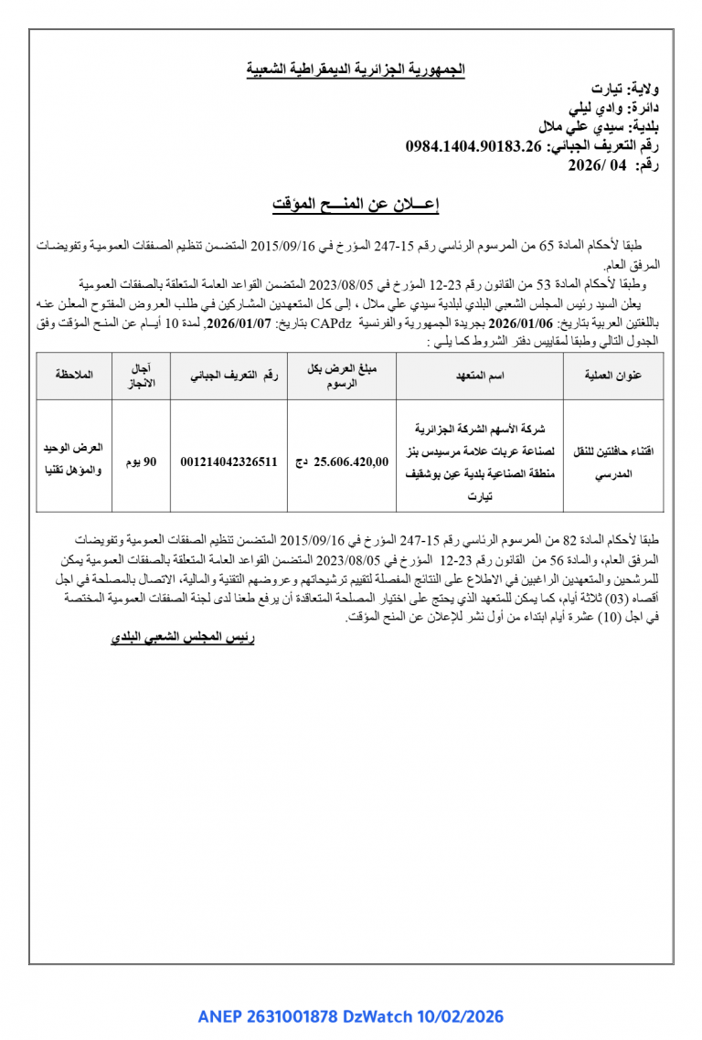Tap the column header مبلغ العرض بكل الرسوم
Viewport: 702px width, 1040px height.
coord(342,375)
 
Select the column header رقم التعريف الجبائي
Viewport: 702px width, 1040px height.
coord(229,375)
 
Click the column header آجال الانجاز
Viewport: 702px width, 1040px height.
coord(142,375)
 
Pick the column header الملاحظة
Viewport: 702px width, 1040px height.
coord(74,375)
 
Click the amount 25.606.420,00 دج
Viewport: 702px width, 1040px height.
coord(341,462)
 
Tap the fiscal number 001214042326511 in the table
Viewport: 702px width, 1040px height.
coord(229,462)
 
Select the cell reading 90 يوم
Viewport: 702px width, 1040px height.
coord(141,462)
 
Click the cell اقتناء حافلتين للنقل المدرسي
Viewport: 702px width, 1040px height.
coord(608,462)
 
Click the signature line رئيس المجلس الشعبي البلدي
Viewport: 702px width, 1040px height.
coord(182,638)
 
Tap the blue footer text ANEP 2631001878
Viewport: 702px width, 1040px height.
coord(269,1016)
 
